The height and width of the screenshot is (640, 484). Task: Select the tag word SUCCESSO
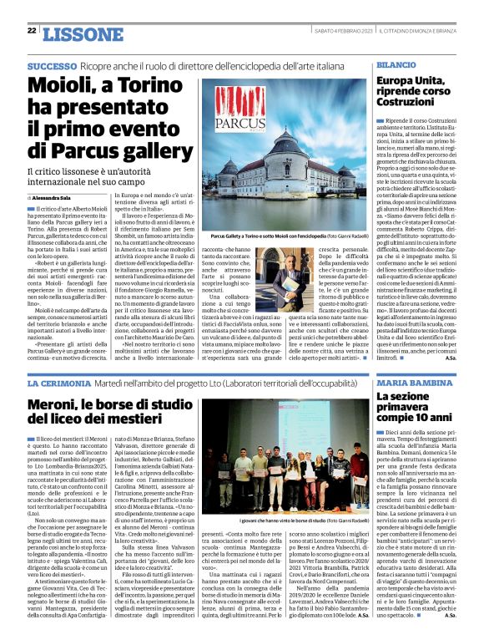(x=52, y=65)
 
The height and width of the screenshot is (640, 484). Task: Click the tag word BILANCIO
(x=396, y=64)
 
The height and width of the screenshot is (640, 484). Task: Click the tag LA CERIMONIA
(x=55, y=382)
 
